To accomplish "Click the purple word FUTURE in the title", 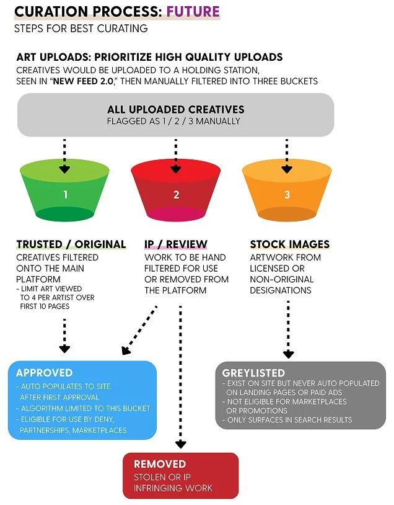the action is point(193,12).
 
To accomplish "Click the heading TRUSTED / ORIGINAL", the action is point(71,244).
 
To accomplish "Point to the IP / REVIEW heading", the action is point(176,244).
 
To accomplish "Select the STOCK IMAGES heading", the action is point(290,244).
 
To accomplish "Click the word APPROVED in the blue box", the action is point(45,373).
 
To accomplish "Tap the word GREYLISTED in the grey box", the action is point(253,373).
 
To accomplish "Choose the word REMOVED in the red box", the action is point(160,464).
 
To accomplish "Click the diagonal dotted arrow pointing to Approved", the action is point(139,331).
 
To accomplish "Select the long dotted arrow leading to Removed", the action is point(181,377).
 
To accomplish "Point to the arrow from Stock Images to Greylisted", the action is point(288,329).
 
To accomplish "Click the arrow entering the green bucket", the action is point(64,156).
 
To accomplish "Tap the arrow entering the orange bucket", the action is point(287,156).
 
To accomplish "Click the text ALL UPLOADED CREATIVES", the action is point(175,110).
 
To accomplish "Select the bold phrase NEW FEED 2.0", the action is point(83,81).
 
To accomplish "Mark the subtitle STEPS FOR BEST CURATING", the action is point(81,29).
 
